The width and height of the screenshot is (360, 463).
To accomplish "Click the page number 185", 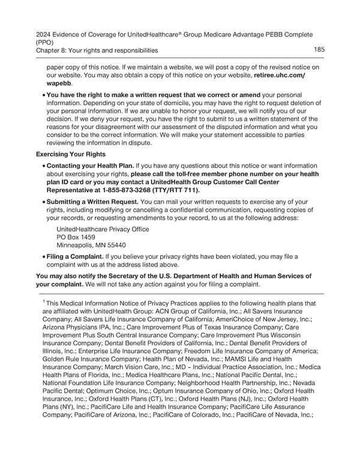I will [x=320, y=49].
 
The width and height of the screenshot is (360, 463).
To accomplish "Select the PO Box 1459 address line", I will [x=76, y=237].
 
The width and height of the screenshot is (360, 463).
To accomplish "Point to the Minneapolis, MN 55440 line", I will [x=90, y=246].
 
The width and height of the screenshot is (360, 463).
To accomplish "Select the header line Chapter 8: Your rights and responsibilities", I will [x=97, y=50].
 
